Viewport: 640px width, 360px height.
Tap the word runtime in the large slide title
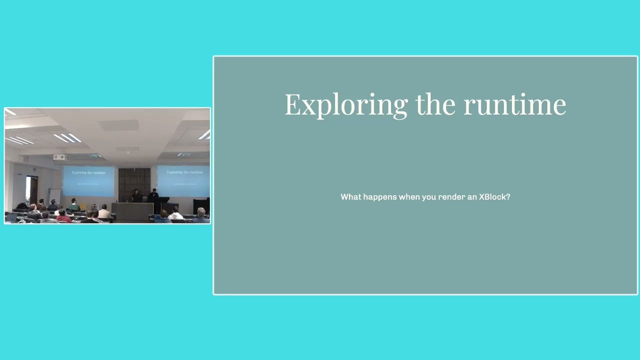coord(514,105)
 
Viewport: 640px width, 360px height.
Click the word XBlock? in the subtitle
coord(494,197)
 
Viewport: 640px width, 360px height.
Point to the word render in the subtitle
coord(451,197)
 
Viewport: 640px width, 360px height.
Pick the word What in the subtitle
coord(350,197)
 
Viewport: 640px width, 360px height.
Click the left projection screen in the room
coord(88,181)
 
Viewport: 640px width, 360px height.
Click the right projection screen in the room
coord(183,180)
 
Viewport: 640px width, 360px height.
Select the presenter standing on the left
coord(135,195)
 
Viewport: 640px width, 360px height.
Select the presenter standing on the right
coord(154,194)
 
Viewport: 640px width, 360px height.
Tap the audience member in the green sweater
coord(74,205)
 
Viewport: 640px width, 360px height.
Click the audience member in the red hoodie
coord(63,216)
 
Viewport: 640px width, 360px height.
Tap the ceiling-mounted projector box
coord(59,157)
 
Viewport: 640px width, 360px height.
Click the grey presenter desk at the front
coord(132,211)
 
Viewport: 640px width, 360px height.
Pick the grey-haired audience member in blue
coord(201,215)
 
